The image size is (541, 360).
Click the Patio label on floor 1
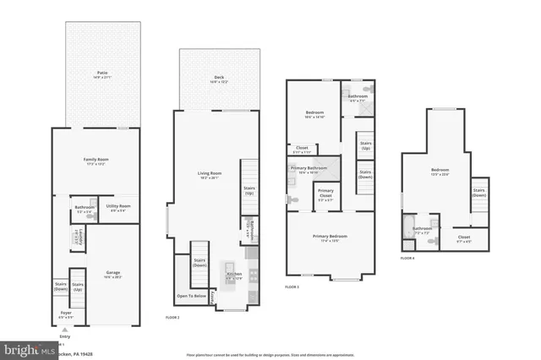tap(101, 75)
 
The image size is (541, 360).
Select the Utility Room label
tap(118, 206)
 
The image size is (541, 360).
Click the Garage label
tap(112, 272)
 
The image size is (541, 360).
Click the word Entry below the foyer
tap(65, 335)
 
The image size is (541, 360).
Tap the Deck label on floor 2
tap(219, 78)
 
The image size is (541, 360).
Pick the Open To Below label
tap(191, 297)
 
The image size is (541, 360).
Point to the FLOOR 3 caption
tap(292, 287)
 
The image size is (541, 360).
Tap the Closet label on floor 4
tap(464, 237)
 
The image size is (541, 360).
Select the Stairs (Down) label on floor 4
tap(479, 192)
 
